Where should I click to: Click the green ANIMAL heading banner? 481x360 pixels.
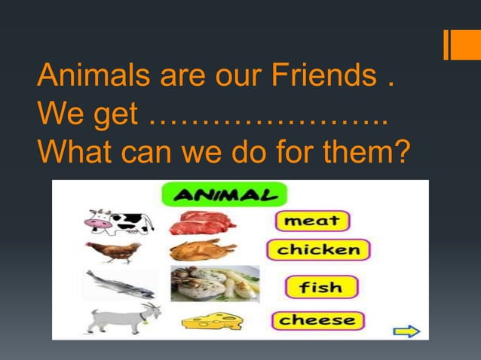click(225, 195)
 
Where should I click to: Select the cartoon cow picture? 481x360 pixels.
click(118, 222)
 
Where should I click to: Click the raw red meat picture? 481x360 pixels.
click(201, 223)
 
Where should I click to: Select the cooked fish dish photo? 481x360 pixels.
click(215, 284)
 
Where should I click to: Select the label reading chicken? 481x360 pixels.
click(318, 250)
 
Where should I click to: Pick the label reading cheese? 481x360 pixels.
click(317, 321)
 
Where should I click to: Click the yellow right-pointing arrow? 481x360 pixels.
click(406, 331)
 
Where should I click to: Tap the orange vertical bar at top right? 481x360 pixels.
click(447, 44)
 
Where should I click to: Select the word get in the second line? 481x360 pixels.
click(112, 114)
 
